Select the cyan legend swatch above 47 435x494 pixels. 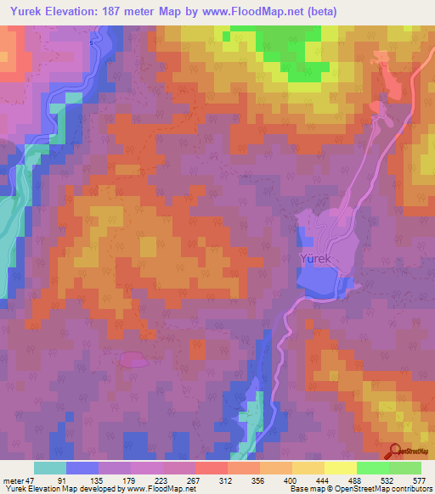pos(50,468)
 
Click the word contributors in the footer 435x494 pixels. pos(407,489)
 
